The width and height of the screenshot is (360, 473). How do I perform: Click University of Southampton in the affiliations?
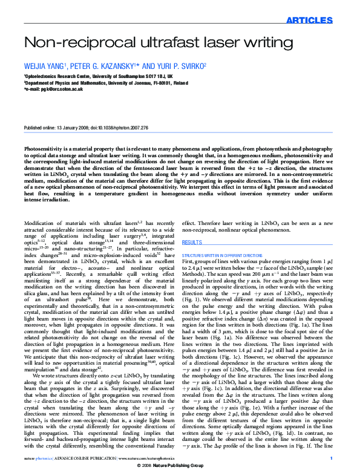115,77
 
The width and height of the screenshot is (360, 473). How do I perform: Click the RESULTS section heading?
192,242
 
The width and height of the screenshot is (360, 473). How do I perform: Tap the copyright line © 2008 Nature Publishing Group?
180,468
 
